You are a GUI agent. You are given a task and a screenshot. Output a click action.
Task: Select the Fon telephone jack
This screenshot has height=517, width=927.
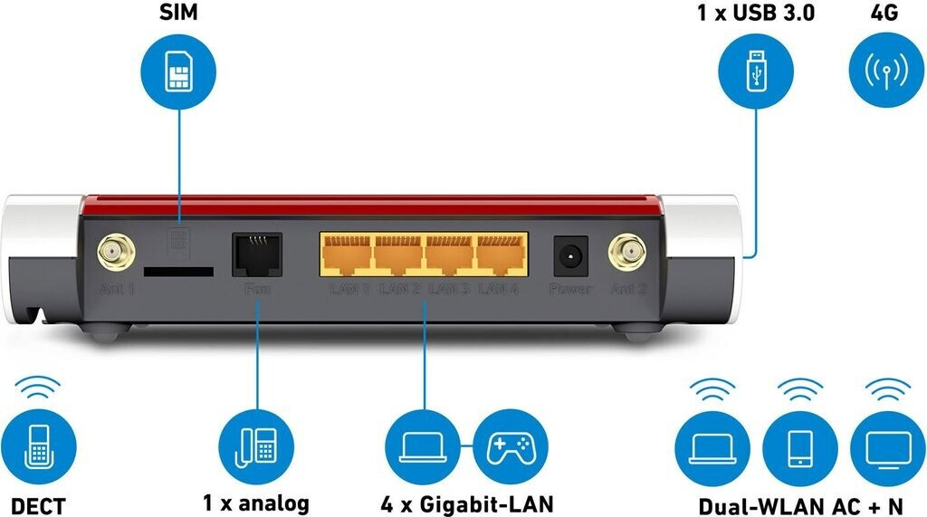[257, 254]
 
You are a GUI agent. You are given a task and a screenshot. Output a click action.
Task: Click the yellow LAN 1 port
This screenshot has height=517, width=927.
[348, 254]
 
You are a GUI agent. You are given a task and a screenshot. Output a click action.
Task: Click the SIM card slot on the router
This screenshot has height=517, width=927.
[178, 271]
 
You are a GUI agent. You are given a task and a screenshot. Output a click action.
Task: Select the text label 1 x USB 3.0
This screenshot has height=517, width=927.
[754, 14]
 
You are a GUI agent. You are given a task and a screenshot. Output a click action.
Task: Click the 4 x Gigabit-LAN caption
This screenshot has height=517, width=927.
[467, 503]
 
